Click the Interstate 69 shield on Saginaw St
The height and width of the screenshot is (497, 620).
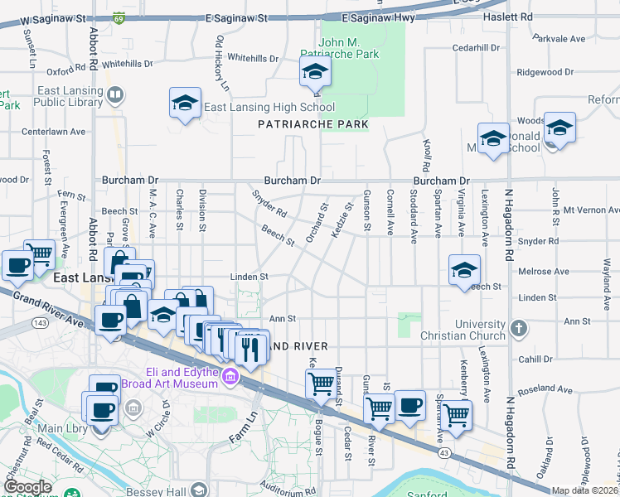coord(120,17)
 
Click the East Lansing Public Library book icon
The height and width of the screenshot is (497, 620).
coord(115,98)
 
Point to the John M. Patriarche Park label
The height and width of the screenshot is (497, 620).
coord(349,46)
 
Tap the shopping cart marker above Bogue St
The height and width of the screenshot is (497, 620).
coord(321,384)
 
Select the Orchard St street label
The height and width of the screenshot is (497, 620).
coord(317,224)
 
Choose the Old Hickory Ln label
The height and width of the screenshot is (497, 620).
coord(221,64)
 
